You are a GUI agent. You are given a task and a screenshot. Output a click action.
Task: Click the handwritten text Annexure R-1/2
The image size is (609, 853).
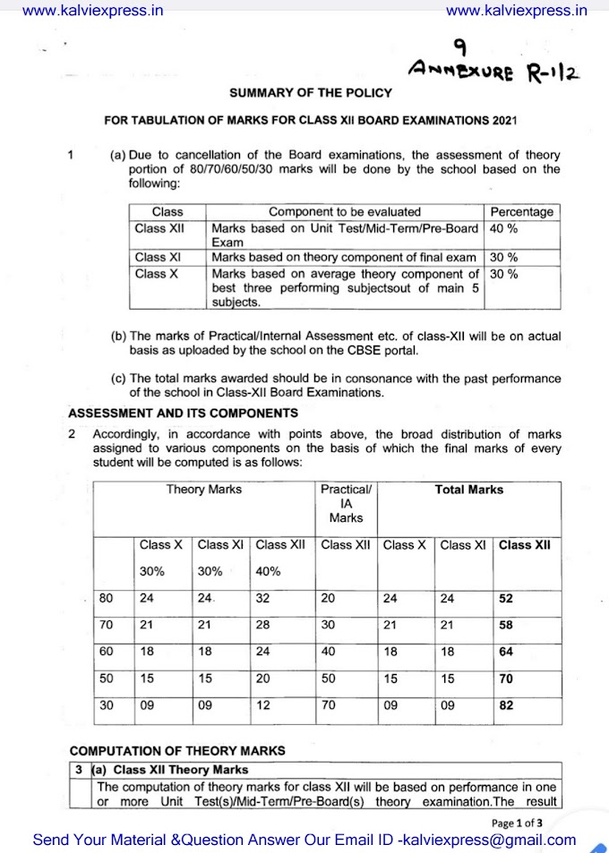pyautogui.click(x=493, y=70)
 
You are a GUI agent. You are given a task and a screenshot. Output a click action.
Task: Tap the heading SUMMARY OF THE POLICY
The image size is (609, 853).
pyautogui.click(x=304, y=92)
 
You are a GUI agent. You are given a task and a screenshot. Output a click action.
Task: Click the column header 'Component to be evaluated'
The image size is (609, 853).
pyautogui.click(x=345, y=212)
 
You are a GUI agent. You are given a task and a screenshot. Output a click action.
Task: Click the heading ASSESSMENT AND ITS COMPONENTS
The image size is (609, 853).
pyautogui.click(x=184, y=414)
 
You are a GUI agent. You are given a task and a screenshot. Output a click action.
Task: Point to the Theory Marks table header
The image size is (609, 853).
pyautogui.click(x=203, y=490)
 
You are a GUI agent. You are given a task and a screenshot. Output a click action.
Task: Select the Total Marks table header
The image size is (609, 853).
pyautogui.click(x=469, y=490)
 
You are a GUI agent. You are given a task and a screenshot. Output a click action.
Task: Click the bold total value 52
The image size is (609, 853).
pyautogui.click(x=506, y=599)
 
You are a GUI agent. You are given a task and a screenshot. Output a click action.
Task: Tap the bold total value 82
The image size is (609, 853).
pyautogui.click(x=506, y=705)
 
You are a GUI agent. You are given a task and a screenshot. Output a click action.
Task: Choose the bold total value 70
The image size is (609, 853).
pyautogui.click(x=506, y=679)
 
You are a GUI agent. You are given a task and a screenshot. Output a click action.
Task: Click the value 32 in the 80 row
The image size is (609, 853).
pyautogui.click(x=262, y=599)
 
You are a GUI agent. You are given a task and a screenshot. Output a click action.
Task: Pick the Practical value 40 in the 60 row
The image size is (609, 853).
pyautogui.click(x=329, y=653)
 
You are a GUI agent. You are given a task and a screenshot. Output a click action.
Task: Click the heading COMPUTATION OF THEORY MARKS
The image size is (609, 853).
pyautogui.click(x=177, y=750)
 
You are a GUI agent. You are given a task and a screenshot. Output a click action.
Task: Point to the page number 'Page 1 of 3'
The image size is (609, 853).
pyautogui.click(x=518, y=823)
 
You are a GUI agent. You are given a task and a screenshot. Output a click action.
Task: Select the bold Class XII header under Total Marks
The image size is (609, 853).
pyautogui.click(x=526, y=544)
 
